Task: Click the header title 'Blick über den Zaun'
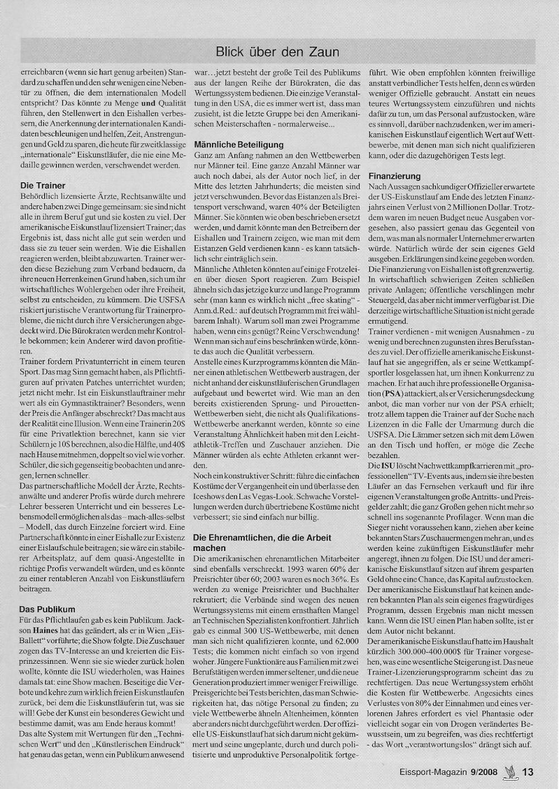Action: click(x=277, y=52)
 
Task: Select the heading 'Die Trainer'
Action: click(x=42, y=186)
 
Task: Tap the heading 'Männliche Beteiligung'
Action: click(x=239, y=144)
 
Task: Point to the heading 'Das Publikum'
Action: click(x=47, y=609)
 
